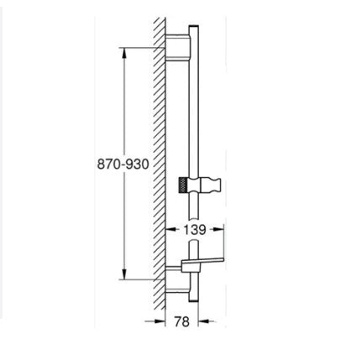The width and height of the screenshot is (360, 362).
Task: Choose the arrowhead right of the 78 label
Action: (x=203, y=322)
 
